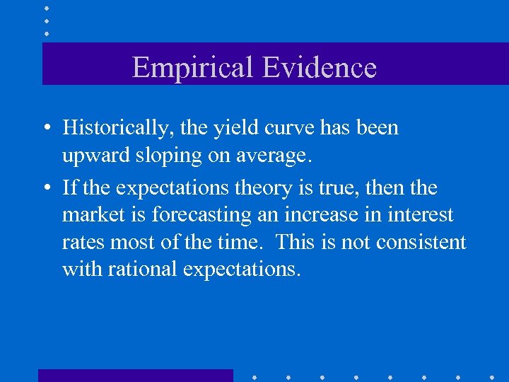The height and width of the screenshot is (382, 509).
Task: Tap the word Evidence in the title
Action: (319, 68)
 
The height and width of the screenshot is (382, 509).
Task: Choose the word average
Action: (274, 156)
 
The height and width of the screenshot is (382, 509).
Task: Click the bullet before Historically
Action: (45, 129)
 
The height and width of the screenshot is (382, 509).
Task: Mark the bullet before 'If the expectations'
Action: (45, 188)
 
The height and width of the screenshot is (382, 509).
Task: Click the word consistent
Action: (421, 243)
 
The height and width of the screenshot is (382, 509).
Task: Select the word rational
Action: (139, 270)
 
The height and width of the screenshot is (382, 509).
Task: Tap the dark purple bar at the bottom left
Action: (135, 375)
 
